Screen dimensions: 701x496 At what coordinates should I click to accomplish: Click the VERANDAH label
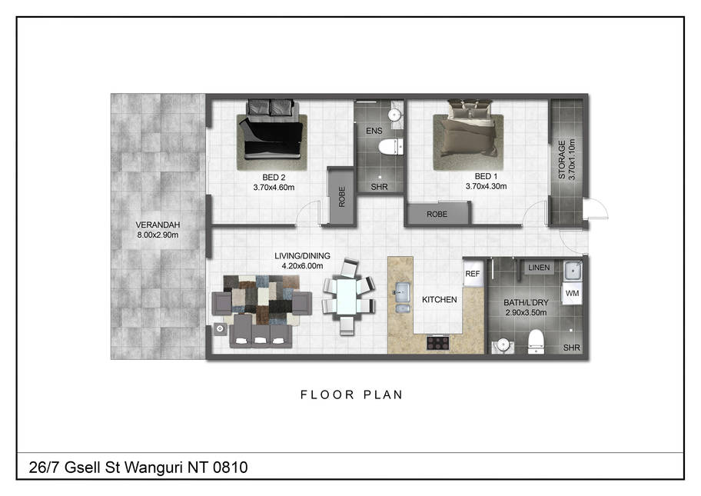[x=158, y=225]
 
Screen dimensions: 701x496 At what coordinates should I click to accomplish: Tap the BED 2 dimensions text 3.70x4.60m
[x=274, y=188]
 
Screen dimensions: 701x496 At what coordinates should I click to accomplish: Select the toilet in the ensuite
[x=390, y=147]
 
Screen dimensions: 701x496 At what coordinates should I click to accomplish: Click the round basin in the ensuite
[x=394, y=115]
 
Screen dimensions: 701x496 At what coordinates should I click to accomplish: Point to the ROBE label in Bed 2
[x=342, y=197]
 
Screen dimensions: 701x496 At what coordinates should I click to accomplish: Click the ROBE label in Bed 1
[x=437, y=215]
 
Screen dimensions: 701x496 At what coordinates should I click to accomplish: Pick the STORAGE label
[x=562, y=160]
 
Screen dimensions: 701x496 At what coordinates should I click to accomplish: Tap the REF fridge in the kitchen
[x=473, y=274]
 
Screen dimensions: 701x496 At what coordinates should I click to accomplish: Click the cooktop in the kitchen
[x=437, y=343]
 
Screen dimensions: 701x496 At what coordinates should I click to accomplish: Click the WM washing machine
[x=572, y=294]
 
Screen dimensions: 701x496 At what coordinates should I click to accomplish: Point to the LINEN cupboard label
[x=539, y=268]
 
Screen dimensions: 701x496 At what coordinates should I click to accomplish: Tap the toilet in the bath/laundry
[x=536, y=341]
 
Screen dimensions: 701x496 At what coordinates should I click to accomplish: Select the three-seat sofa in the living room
[x=261, y=331]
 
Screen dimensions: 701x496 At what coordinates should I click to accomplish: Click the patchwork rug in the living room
[x=261, y=300]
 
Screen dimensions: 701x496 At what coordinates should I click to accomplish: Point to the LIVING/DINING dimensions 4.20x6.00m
[x=302, y=265]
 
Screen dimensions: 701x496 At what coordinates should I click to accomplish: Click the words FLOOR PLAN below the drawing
[x=351, y=394]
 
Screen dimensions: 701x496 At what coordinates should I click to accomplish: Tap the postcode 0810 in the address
[x=231, y=468]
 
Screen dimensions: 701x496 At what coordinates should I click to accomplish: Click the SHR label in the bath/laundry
[x=571, y=348]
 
